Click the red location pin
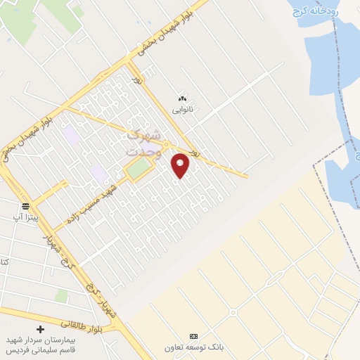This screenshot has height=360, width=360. click(x=181, y=165)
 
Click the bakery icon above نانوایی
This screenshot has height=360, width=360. click(x=184, y=98)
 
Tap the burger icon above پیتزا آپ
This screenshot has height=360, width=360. click(x=26, y=206)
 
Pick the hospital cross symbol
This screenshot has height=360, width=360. click(x=40, y=329)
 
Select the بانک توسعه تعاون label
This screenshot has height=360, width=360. click(x=194, y=347)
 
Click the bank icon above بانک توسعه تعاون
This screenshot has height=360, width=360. click(x=194, y=336)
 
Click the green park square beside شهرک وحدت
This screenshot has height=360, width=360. click(x=139, y=168)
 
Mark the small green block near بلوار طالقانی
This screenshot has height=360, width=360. click(x=62, y=296)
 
